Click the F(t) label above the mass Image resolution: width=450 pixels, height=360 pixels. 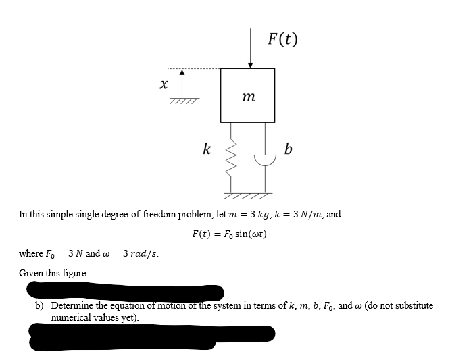pyautogui.click(x=282, y=38)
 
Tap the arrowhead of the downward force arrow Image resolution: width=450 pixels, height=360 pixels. pyautogui.click(x=250, y=64)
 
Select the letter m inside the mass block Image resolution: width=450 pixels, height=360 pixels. pyautogui.click(x=247, y=99)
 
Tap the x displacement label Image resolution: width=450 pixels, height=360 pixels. pyautogui.click(x=163, y=84)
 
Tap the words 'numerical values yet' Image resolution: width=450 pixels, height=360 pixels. pyautogui.click(x=94, y=315)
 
